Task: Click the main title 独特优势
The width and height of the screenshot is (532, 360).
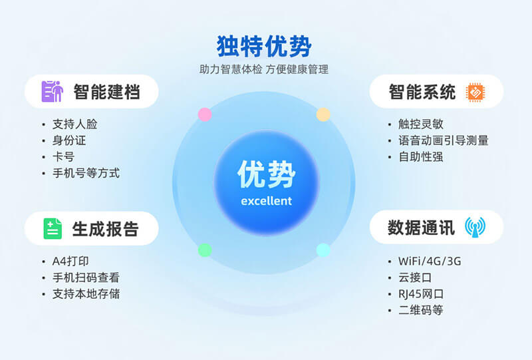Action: click(264, 46)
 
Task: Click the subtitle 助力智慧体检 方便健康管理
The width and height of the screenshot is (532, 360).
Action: click(264, 69)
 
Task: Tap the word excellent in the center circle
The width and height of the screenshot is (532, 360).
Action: click(266, 201)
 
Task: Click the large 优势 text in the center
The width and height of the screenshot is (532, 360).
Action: click(266, 175)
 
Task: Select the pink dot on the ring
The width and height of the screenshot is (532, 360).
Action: click(205, 114)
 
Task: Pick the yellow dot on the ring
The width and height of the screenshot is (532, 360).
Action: click(323, 114)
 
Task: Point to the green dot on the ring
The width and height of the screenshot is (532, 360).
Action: click(205, 250)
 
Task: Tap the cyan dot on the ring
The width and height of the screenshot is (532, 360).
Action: click(323, 250)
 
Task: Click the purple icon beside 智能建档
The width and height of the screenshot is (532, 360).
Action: click(51, 91)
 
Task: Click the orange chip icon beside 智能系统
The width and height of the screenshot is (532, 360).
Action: click(475, 92)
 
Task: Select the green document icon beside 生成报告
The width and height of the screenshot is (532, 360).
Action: click(53, 229)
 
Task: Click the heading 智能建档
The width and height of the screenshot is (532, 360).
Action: click(106, 92)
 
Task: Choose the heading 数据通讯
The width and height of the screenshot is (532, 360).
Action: click(422, 228)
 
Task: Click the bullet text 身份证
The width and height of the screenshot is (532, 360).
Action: click(69, 140)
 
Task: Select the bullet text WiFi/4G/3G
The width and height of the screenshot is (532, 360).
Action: click(429, 261)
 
